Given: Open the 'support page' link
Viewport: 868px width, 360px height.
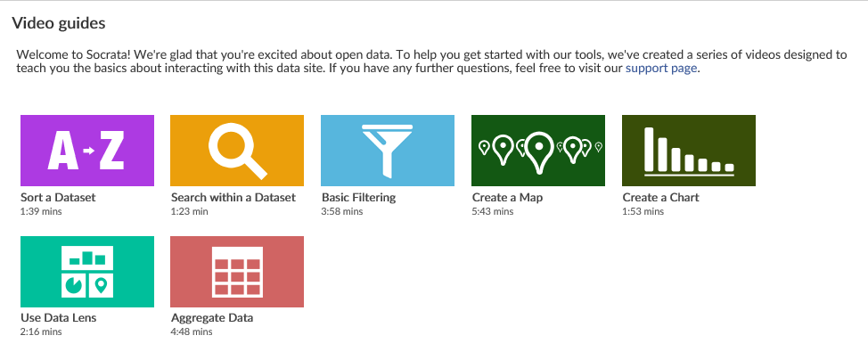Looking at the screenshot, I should [x=661, y=68].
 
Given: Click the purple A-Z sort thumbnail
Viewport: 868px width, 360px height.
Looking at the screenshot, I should [x=86, y=151].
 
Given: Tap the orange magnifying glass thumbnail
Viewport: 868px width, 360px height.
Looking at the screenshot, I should [x=237, y=151].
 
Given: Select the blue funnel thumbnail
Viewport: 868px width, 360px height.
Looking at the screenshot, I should [x=388, y=151].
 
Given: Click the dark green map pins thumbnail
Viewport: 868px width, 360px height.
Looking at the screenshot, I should [x=538, y=151].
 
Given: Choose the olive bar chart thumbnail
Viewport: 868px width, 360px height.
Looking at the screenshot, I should [x=689, y=151].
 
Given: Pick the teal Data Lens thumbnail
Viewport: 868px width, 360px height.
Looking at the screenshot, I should [x=86, y=272].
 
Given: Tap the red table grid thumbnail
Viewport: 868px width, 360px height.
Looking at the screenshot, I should [x=237, y=272].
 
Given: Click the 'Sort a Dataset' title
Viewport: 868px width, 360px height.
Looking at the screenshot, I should [x=58, y=197].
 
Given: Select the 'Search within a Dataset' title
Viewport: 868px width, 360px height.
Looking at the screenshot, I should [x=233, y=197].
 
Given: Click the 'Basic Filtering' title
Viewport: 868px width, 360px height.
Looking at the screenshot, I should [x=358, y=197].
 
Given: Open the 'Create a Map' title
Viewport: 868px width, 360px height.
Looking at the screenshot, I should [x=507, y=197].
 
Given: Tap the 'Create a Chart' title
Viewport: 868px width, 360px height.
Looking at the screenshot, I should [x=660, y=197].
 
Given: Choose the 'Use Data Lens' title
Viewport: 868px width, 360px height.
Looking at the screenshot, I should [x=59, y=318].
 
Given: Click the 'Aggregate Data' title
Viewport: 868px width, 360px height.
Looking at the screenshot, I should [x=212, y=318].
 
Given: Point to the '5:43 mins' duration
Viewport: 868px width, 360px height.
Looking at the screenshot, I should [x=492, y=211].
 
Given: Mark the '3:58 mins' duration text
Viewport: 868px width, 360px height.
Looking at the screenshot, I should [x=342, y=211].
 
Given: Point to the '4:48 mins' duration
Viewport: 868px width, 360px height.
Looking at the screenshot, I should [x=192, y=332].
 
